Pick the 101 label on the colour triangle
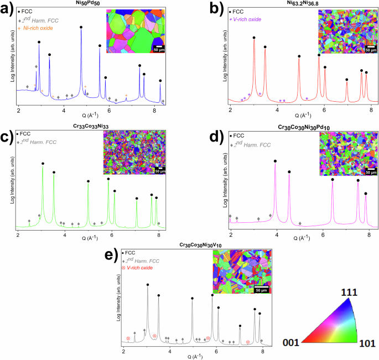point(367,343)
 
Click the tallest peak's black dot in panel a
point(81,27)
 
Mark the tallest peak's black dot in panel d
point(276,161)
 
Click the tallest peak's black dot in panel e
point(148,285)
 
